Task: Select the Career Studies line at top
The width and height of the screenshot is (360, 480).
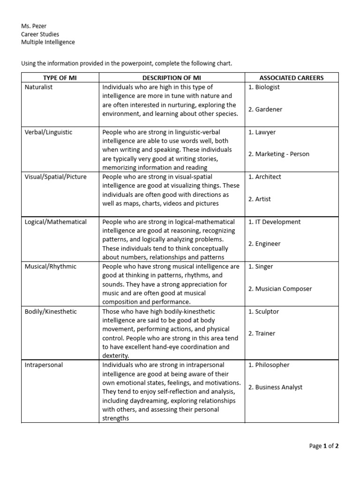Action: pos(40,34)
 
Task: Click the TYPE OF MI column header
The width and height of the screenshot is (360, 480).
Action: pos(60,78)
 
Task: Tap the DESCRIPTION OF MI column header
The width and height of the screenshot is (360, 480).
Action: pos(172,78)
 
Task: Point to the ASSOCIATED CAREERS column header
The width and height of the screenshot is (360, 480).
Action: pos(291,78)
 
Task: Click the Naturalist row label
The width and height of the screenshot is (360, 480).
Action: pos(38,87)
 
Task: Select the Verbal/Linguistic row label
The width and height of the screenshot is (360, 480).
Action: pos(48,132)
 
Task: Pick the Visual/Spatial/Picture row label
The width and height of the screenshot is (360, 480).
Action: pos(55,177)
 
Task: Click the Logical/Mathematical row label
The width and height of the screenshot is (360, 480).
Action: pos(55,222)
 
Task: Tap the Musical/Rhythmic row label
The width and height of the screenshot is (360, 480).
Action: pos(50,266)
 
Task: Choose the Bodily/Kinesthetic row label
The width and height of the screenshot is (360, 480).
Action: pos(50,311)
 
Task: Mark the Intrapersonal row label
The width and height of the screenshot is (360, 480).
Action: pos(44,365)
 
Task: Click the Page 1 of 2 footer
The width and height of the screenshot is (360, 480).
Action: pos(323,446)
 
